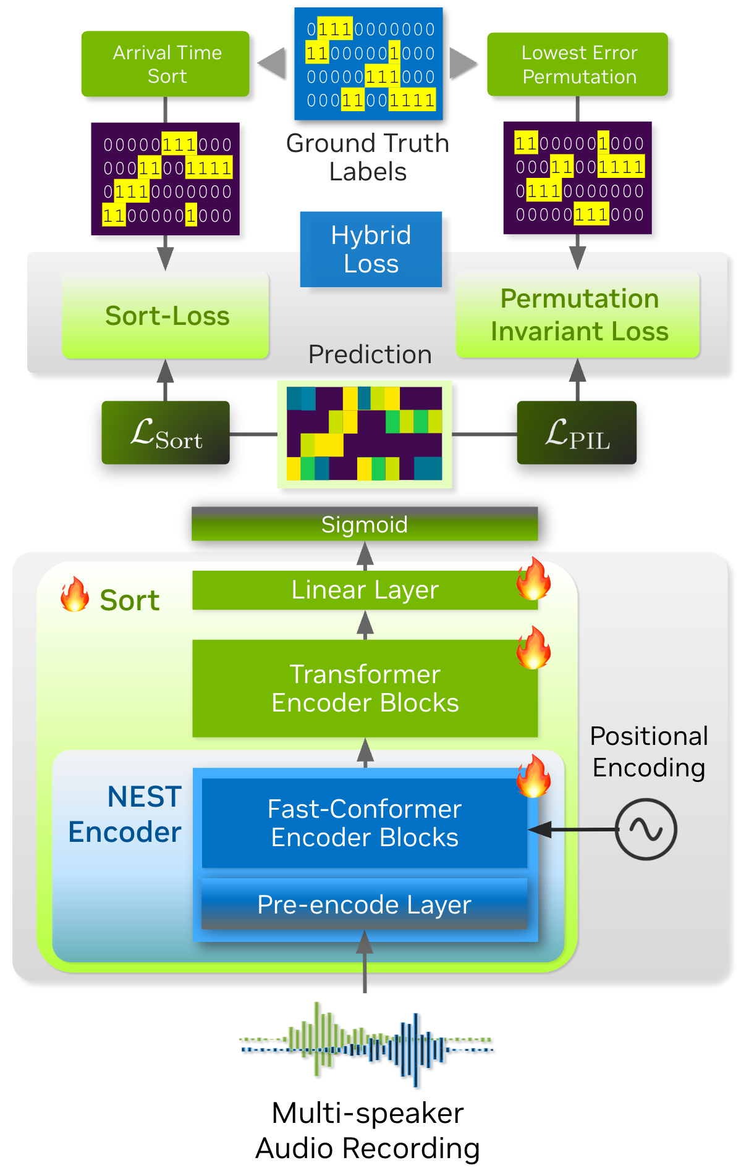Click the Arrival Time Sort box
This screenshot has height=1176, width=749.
pyautogui.click(x=166, y=64)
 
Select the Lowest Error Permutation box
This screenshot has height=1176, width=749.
pyautogui.click(x=578, y=65)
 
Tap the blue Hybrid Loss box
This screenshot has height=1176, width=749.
pyautogui.click(x=371, y=250)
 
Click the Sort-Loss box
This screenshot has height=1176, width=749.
pyautogui.click(x=166, y=316)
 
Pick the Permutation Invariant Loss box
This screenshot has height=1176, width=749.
pyautogui.click(x=578, y=315)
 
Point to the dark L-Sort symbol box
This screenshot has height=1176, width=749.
pyautogui.click(x=166, y=433)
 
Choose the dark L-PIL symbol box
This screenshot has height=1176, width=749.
pyautogui.click(x=577, y=433)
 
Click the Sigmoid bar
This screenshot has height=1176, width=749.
pyautogui.click(x=365, y=524)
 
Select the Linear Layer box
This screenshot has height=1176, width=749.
pyautogui.click(x=365, y=590)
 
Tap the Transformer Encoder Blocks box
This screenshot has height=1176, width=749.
pyautogui.click(x=365, y=689)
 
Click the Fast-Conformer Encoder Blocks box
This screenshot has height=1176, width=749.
pyautogui.click(x=365, y=823)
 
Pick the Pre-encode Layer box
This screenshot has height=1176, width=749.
pyautogui.click(x=365, y=905)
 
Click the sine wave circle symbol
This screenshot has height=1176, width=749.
pyautogui.click(x=646, y=829)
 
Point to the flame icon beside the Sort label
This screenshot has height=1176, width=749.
pyautogui.click(x=75, y=595)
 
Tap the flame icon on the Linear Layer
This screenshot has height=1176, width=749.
pyautogui.click(x=534, y=579)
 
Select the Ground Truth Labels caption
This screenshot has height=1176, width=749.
pyautogui.click(x=368, y=157)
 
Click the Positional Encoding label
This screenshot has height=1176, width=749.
pyautogui.click(x=649, y=752)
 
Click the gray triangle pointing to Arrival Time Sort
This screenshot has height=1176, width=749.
pyautogui.click(x=273, y=64)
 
